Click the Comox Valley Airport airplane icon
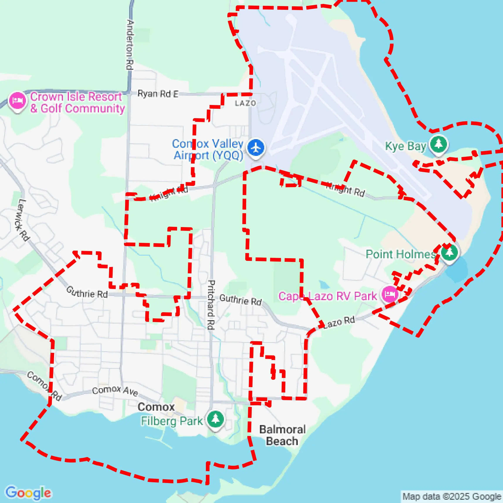click(256, 148)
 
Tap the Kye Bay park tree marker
click(439, 144)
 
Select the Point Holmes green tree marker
click(450, 253)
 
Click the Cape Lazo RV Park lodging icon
click(390, 294)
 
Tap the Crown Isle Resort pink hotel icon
click(17, 101)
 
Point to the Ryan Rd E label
click(158, 94)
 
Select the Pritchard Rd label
click(211, 305)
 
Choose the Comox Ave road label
click(115, 390)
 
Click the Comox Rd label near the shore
click(44, 386)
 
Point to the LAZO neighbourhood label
click(245, 103)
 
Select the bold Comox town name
click(156, 407)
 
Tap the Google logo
click(28, 493)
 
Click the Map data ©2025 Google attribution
click(452, 496)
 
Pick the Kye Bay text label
click(405, 146)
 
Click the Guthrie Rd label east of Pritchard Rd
click(240, 299)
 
